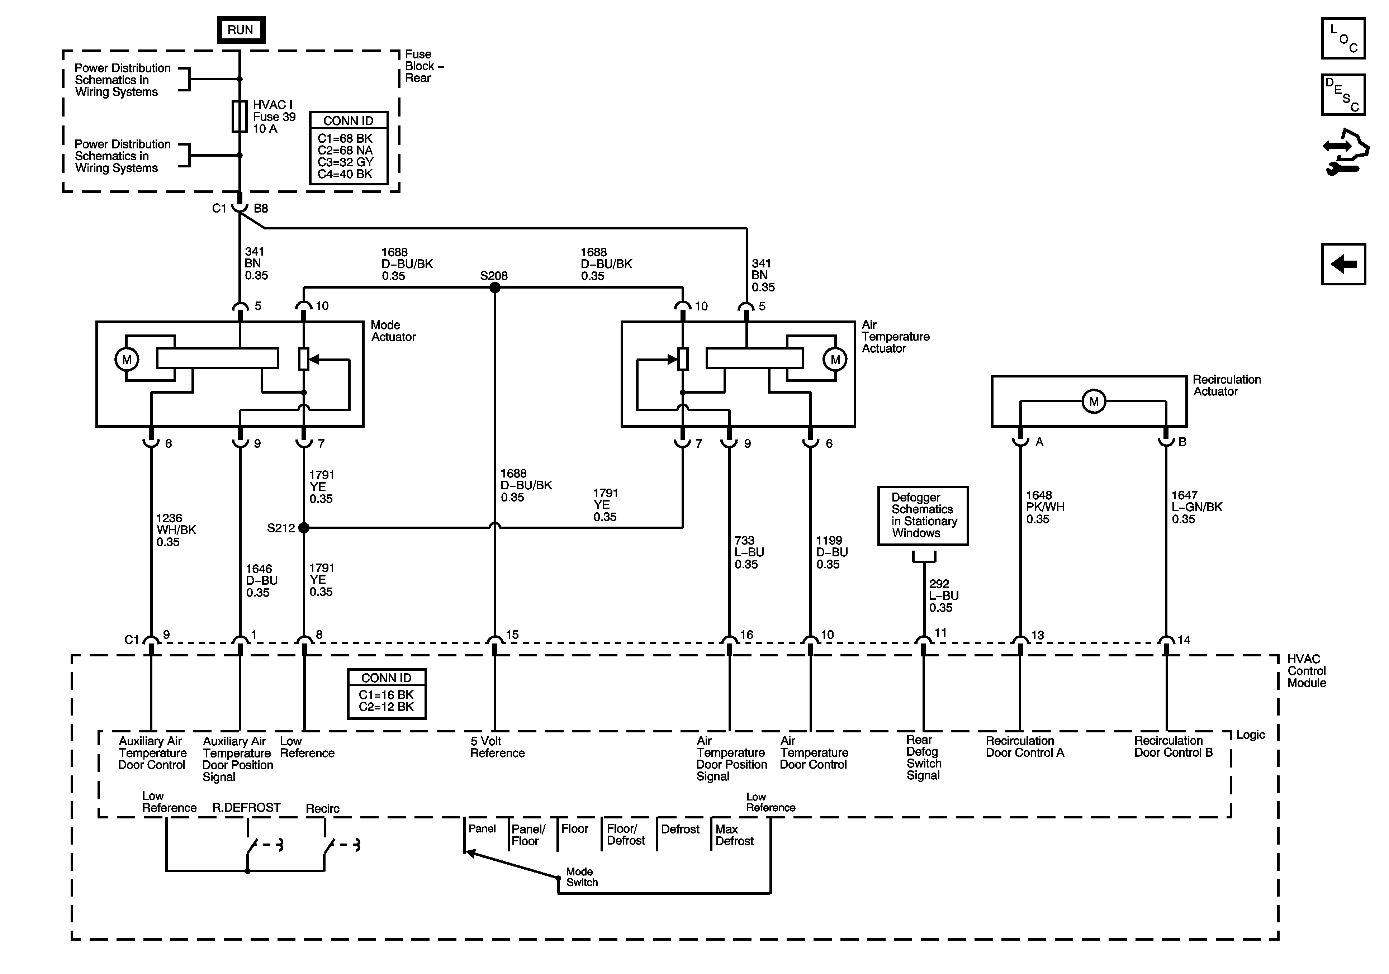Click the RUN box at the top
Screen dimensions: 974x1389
[241, 30]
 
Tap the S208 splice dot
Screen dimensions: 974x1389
[495, 288]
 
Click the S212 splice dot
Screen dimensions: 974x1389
[304, 528]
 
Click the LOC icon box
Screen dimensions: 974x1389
[1343, 38]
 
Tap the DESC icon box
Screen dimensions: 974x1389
[1343, 94]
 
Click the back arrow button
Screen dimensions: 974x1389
[1343, 264]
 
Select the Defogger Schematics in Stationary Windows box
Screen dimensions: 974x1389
[923, 515]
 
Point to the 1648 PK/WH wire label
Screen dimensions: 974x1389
[1045, 507]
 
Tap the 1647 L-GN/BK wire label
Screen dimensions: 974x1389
[1196, 507]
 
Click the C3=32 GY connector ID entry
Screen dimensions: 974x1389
[345, 162]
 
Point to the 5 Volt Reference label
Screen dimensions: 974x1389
[497, 747]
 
